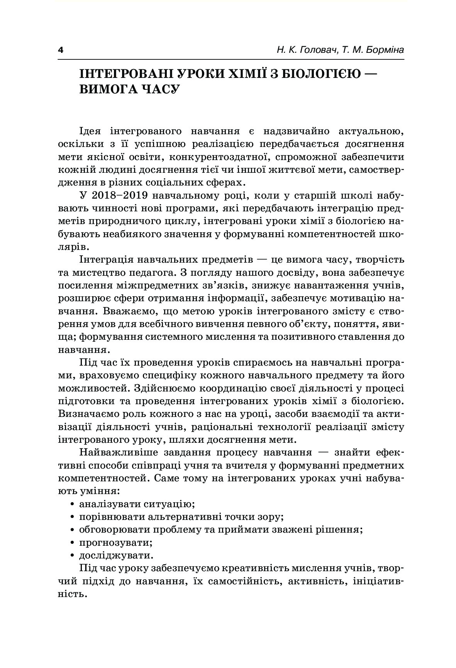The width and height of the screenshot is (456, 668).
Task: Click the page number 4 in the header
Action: tap(60, 51)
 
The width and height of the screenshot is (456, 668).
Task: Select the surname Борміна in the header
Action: tap(382, 51)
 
